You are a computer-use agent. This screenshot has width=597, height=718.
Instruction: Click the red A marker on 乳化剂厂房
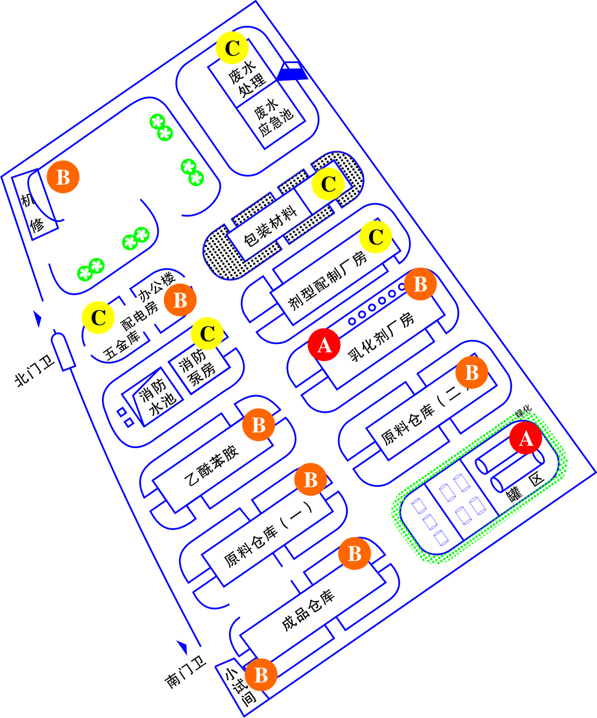pos(324,345)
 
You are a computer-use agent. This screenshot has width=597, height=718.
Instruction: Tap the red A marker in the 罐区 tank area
pos(526,438)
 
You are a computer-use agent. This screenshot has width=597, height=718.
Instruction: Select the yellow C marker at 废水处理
pos(232,48)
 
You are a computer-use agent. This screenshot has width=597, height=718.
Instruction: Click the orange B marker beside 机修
pos(63,177)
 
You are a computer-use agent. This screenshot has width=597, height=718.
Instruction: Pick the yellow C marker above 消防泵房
pos(207,333)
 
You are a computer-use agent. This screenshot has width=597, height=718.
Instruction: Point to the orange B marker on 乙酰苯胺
pos(258,425)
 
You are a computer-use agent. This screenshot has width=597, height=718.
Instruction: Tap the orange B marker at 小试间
pos(261,675)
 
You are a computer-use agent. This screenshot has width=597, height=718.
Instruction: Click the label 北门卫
pos(35,371)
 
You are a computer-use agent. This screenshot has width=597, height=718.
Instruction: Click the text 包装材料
pos(270,226)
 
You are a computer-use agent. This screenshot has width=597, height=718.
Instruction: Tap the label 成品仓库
pos(308,610)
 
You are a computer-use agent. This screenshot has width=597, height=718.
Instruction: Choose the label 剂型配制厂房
pos(328,280)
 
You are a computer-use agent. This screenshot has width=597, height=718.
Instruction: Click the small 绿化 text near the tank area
pos(524,412)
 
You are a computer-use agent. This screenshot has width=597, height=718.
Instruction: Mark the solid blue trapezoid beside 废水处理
pos(292,71)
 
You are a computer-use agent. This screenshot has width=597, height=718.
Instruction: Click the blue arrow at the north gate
pos(38,319)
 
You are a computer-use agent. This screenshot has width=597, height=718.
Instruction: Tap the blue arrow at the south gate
pos(183,647)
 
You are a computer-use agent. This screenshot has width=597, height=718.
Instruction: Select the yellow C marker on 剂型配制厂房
pos(376,237)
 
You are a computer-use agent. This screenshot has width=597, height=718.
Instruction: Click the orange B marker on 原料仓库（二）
pos(472,373)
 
